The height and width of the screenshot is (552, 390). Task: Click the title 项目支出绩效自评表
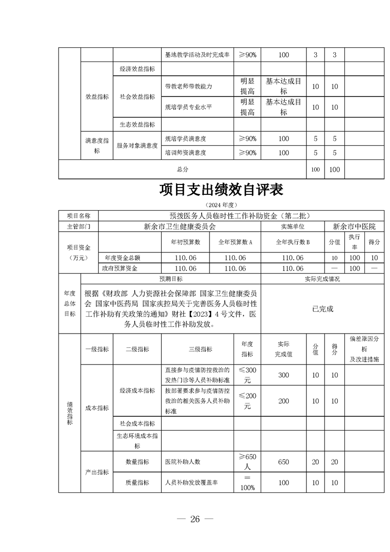221,190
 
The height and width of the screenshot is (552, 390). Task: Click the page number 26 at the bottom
195,520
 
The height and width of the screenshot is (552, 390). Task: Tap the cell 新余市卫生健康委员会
180,227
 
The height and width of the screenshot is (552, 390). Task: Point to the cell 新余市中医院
354,227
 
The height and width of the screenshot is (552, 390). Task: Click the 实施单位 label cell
293,227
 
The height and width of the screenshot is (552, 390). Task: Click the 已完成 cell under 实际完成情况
323,309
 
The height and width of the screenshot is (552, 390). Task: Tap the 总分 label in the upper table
182,169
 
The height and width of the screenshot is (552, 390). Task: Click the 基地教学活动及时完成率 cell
197,55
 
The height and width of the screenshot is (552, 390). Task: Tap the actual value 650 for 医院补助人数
284,462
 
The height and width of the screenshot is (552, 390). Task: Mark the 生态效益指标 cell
137,124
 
